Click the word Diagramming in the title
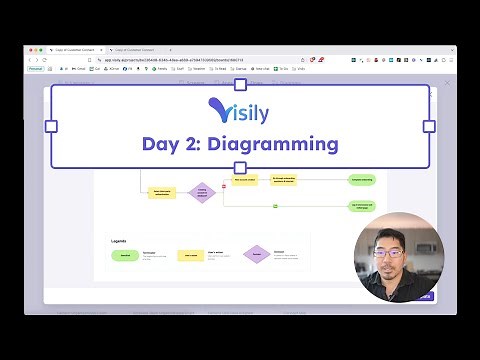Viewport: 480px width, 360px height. point(280,144)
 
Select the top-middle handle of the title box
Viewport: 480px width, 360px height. point(240,85)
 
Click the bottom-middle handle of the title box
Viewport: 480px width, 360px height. point(240,168)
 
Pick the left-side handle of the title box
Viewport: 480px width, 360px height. point(51,127)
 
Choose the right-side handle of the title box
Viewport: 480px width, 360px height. point(429,127)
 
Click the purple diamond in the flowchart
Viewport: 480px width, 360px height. point(203,192)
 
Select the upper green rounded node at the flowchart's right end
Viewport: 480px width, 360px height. point(362,181)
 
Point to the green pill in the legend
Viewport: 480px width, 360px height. point(125,256)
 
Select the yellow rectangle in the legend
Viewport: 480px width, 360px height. point(192,256)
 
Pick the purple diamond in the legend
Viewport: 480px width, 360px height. point(257,256)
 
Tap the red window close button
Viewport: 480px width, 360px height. point(33,48)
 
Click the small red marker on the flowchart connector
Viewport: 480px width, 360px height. point(224,187)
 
